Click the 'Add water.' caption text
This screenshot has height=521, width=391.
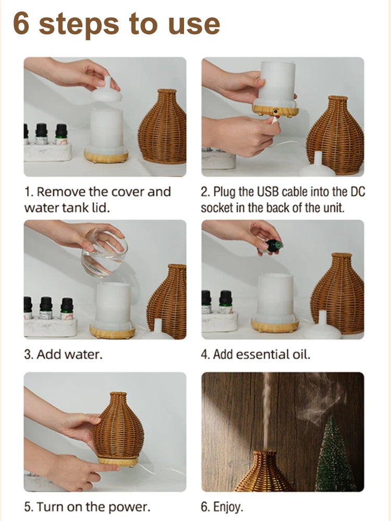coord(63,355)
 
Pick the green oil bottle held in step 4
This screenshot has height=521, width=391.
coord(273,245)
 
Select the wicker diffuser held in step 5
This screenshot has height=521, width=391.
coord(118,427)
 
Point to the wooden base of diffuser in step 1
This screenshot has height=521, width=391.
coord(106,156)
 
